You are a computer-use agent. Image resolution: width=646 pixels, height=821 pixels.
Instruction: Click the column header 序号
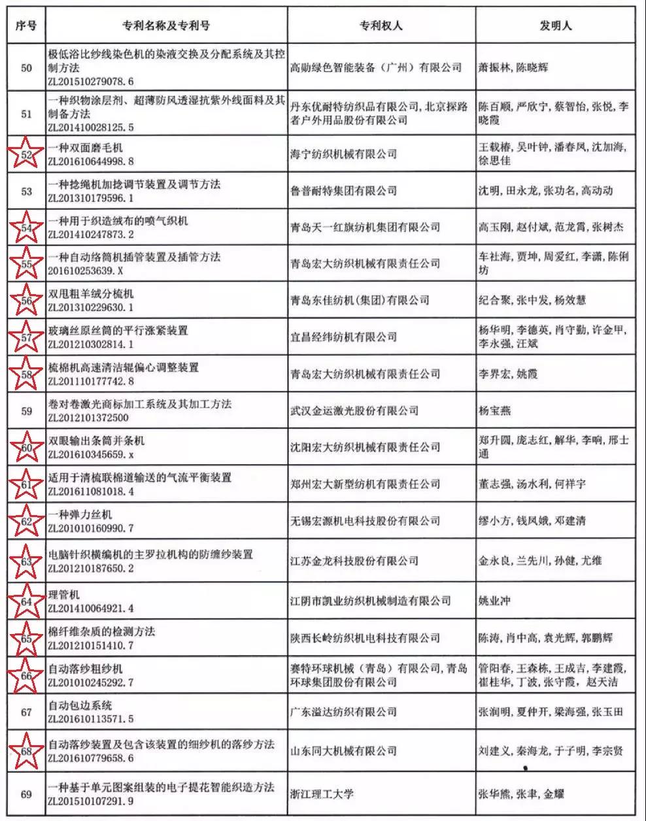click(26, 25)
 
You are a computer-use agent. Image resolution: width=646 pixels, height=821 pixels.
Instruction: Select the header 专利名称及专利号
click(166, 25)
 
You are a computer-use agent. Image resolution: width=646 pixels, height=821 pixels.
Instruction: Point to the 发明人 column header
click(555, 25)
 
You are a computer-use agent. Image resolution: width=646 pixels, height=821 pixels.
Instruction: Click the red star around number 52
click(26, 154)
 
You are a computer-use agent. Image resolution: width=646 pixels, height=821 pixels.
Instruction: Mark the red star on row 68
click(26, 751)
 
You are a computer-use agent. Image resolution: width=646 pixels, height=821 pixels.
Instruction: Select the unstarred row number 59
click(26, 411)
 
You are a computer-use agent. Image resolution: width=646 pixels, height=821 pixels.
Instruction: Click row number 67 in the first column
click(26, 712)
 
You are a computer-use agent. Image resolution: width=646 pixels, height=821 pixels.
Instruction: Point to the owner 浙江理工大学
click(322, 794)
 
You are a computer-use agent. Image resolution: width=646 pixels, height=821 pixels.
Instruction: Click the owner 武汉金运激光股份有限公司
click(354, 410)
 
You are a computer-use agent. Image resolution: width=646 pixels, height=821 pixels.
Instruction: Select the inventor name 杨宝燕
click(495, 411)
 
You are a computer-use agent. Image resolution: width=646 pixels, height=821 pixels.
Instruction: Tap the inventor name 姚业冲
click(495, 601)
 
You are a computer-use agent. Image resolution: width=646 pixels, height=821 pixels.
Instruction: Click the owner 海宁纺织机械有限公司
click(343, 154)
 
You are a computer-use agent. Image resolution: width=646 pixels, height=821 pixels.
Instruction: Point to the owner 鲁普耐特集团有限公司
click(343, 191)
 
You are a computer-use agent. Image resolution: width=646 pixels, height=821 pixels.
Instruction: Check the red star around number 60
click(26, 448)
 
